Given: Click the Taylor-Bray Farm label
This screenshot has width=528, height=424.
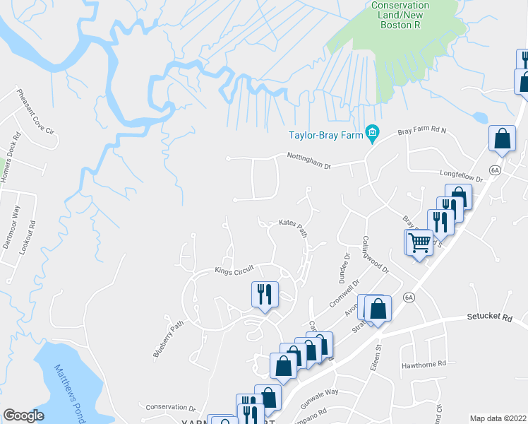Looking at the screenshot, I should click(324, 135).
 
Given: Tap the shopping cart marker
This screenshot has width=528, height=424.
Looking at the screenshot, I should click(419, 243).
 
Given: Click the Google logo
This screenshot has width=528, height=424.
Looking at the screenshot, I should click(23, 416).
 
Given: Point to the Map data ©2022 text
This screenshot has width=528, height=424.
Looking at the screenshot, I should click(498, 418).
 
